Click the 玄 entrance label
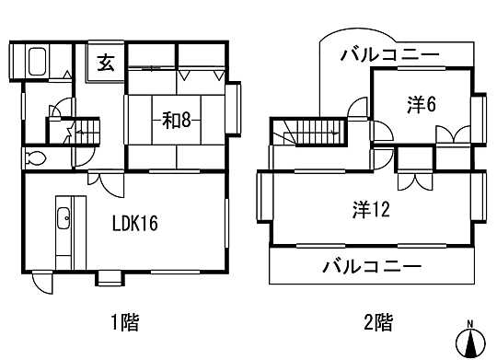point(104,64)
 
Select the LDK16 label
point(136,223)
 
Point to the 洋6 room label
point(421,104)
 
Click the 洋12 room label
point(372,209)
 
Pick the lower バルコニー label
point(372,268)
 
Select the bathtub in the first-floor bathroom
point(38,65)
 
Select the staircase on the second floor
point(314,132)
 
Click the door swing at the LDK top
point(103,183)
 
